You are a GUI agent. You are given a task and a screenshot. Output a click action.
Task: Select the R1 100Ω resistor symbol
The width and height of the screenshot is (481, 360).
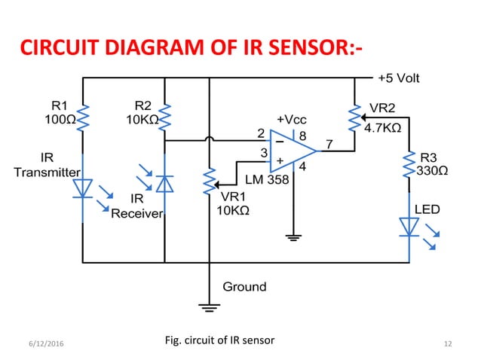tap(82, 117)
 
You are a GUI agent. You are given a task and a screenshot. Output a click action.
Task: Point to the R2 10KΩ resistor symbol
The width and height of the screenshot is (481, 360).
tap(164, 117)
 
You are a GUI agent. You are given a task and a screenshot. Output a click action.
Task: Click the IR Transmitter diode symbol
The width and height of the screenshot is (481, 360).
tap(83, 188)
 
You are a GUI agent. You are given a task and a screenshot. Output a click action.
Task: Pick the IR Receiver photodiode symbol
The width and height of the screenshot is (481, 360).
tap(164, 184)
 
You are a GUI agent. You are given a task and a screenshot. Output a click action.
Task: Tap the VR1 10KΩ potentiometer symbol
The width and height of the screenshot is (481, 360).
tap(208, 182)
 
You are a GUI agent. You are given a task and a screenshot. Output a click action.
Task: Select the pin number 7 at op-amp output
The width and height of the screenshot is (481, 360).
tap(328, 143)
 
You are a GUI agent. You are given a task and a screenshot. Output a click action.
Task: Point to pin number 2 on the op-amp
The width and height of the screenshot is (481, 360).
tap(262, 133)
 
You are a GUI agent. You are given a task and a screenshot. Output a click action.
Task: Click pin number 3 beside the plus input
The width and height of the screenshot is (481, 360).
tap(263, 153)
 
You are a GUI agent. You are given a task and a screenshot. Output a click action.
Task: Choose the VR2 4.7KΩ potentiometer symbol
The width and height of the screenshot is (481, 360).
tap(353, 117)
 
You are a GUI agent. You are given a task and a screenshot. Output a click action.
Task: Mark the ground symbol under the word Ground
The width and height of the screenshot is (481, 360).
tap(208, 306)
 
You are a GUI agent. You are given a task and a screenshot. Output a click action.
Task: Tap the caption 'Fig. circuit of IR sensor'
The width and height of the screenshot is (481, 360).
tap(219, 340)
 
